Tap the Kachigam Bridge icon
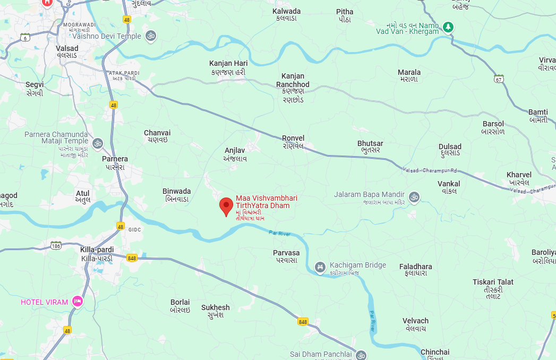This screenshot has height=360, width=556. [x=320, y=267]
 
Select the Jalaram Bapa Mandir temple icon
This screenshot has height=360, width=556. [x=414, y=197]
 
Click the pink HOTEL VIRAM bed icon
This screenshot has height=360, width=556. [x=78, y=302]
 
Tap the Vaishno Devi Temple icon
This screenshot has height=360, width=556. [x=151, y=36]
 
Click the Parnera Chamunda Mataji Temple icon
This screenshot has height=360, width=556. [x=97, y=143]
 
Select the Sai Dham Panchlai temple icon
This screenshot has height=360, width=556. [x=361, y=354]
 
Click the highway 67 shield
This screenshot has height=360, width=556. [x=498, y=79]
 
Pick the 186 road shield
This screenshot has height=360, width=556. [x=56, y=245]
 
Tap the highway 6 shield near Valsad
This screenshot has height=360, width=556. [x=25, y=37]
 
